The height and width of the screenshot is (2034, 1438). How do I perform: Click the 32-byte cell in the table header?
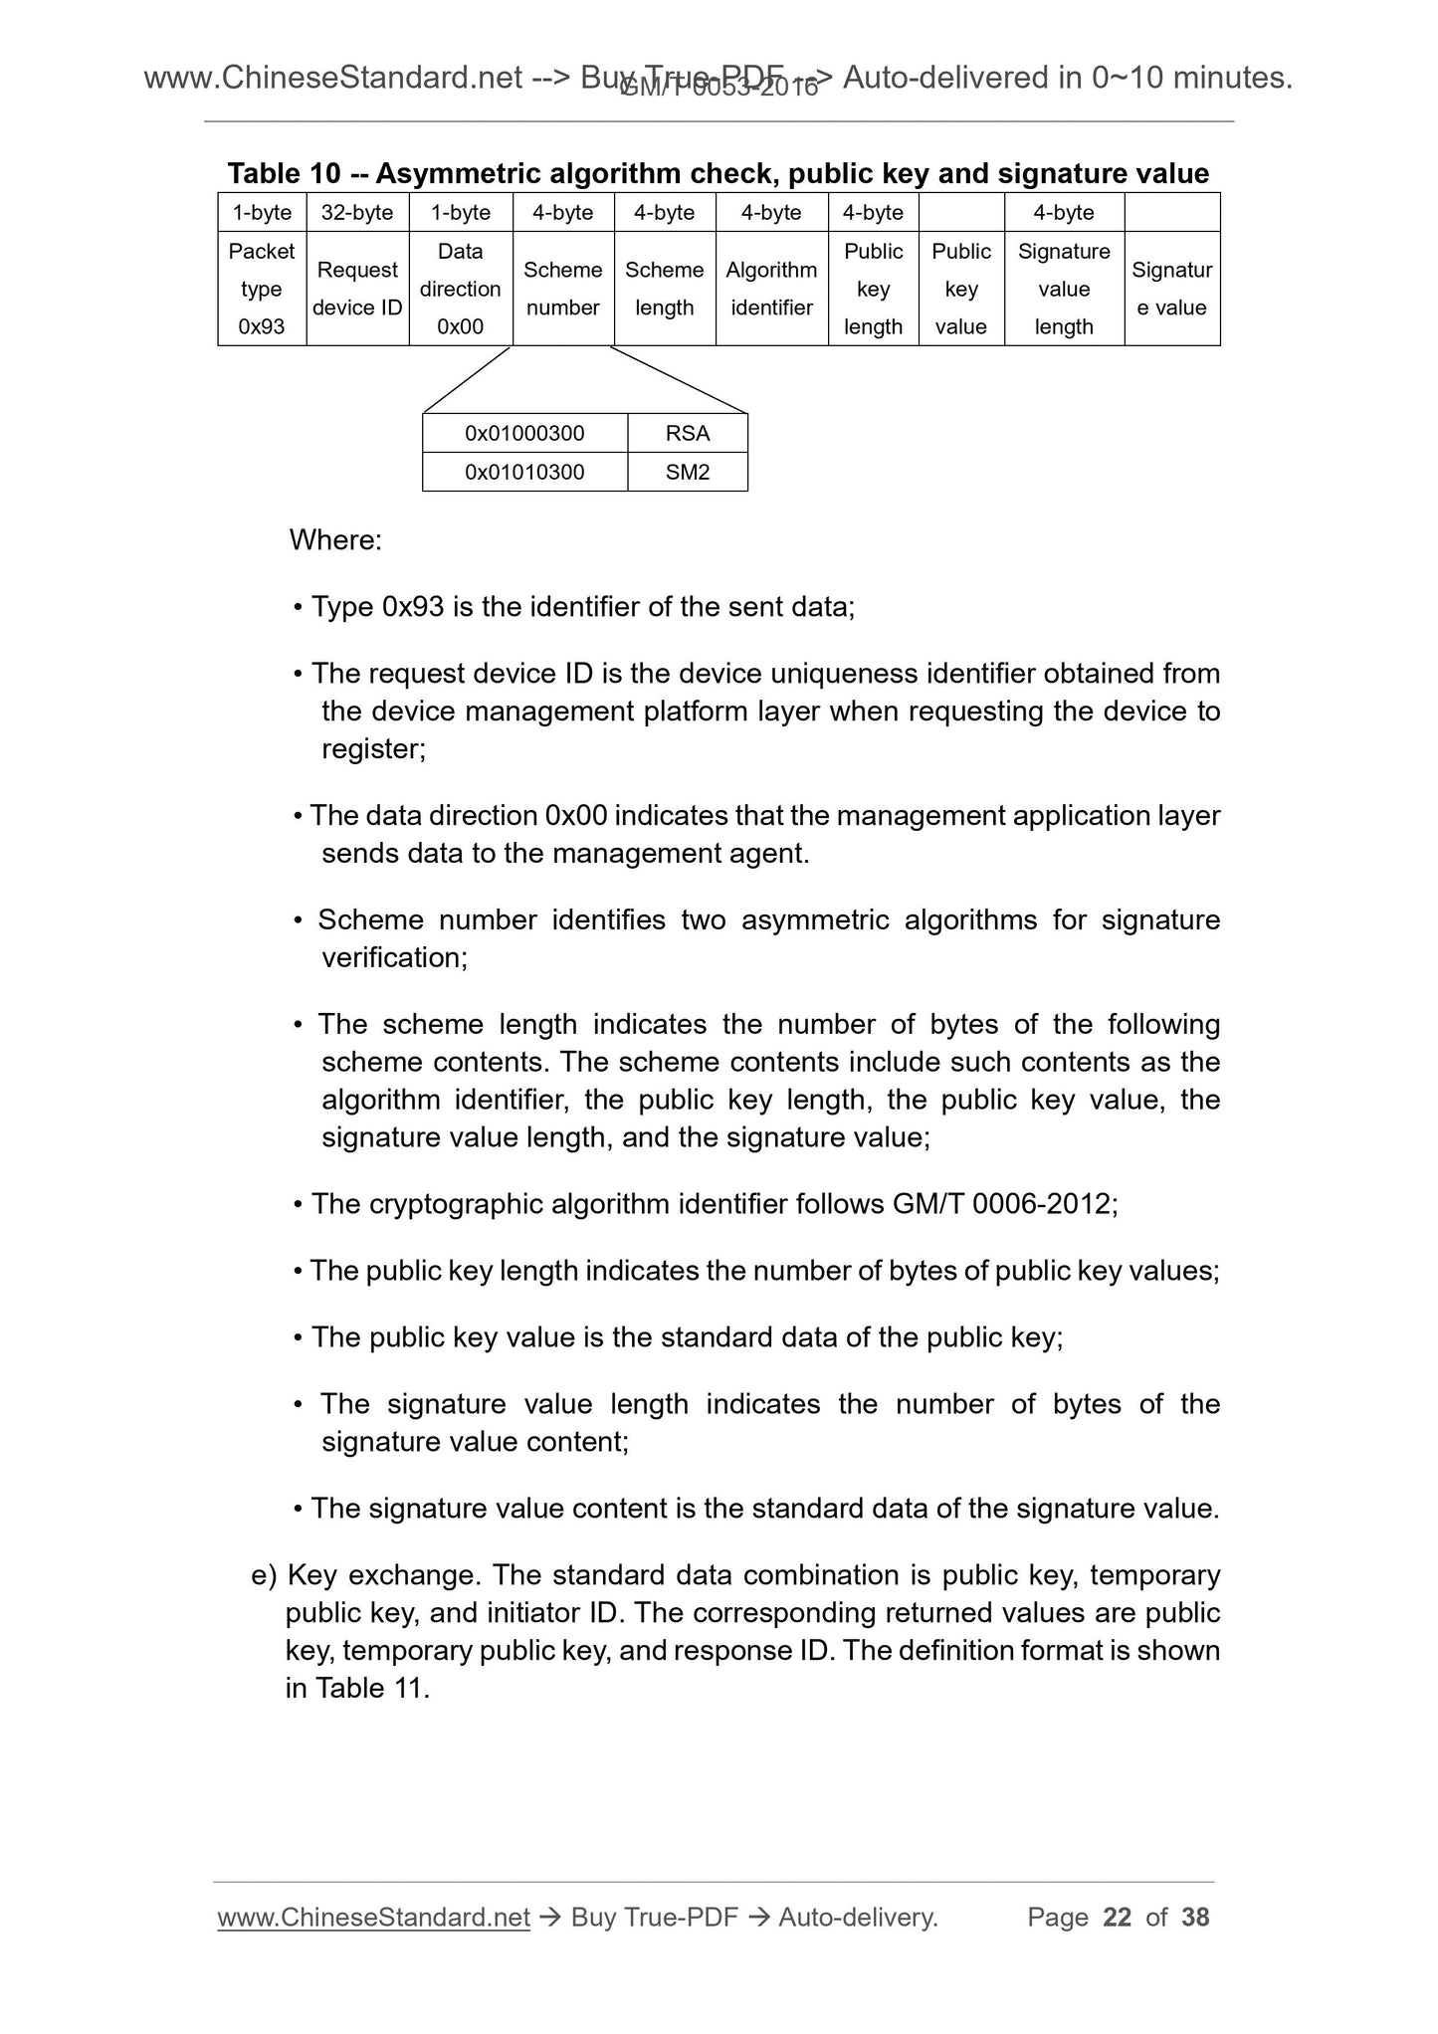[x=357, y=212]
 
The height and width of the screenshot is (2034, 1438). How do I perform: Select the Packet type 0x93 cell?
[x=262, y=289]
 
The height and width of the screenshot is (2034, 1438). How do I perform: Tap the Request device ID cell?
[x=357, y=289]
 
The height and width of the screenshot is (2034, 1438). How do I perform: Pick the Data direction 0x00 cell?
[x=460, y=289]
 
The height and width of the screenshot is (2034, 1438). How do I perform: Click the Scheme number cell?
[x=562, y=289]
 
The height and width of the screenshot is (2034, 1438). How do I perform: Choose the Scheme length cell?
[x=664, y=289]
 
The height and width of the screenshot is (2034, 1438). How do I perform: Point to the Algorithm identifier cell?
[x=771, y=289]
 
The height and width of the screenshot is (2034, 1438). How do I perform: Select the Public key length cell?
[x=873, y=289]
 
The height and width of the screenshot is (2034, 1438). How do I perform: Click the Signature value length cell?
[x=1064, y=289]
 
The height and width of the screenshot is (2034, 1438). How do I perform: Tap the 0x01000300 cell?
[x=524, y=434]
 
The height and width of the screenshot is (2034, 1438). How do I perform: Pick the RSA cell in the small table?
[x=688, y=434]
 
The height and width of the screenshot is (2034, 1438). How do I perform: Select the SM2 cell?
[x=688, y=472]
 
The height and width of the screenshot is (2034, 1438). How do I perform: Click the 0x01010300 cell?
[x=524, y=472]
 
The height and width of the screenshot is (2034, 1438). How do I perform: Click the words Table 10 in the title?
[x=284, y=174]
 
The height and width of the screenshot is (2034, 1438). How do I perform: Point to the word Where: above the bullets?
[x=335, y=540]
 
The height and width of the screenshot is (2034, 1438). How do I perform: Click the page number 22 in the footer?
[x=1118, y=1918]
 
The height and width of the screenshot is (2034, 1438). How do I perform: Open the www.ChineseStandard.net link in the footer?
[x=373, y=1918]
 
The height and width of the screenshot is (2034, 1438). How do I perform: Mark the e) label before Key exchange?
[x=263, y=1575]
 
